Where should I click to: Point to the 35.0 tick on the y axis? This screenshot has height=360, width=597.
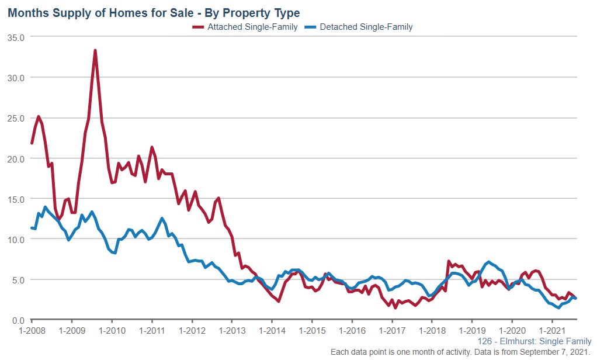pos(16,37)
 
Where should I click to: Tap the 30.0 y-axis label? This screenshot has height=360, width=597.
pos(16,78)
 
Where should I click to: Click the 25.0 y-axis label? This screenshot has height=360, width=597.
pos(16,118)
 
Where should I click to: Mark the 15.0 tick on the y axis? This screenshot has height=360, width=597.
pos(16,199)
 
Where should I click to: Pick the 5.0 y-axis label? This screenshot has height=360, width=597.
pos(18,280)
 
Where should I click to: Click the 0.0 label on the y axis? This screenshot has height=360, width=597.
pos(18,320)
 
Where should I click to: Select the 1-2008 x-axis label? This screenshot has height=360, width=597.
pos(32,331)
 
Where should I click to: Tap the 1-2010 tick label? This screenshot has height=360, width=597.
pos(112,331)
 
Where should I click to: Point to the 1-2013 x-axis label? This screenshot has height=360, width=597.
pos(231,331)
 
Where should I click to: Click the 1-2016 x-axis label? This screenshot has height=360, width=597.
pos(352,331)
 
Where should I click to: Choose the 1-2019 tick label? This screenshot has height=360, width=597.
pos(472,331)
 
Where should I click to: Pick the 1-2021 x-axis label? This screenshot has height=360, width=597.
pos(552,331)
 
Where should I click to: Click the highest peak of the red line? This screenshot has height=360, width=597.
pos(95,50)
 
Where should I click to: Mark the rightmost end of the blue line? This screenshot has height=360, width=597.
pos(576,298)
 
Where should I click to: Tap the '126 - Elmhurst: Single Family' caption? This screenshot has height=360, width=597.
pos(534,341)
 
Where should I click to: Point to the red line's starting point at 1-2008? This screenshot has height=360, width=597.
pos(32,143)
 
